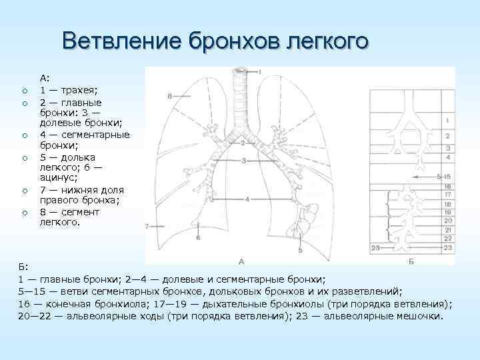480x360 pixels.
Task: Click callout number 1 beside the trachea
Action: pyautogui.click(x=260, y=71)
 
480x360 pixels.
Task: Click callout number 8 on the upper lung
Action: pyautogui.click(x=170, y=97)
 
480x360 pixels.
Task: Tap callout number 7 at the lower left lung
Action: pyautogui.click(x=147, y=227)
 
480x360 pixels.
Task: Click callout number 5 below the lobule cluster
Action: pyautogui.click(x=301, y=250)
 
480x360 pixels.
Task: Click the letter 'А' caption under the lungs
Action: pyautogui.click(x=241, y=260)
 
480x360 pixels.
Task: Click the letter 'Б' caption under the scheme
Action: pyautogui.click(x=411, y=261)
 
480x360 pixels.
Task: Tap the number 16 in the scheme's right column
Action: pyautogui.click(x=449, y=186)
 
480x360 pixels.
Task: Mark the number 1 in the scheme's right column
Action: pyautogui.click(x=449, y=120)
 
